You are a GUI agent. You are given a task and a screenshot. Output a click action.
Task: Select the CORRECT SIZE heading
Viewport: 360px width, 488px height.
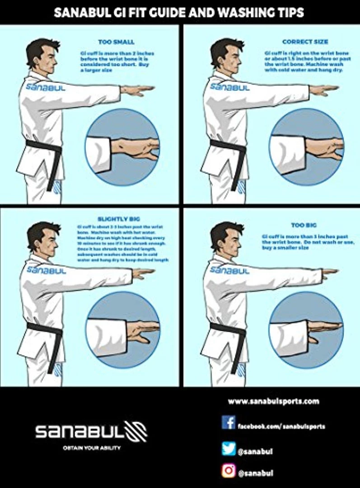point(305,42)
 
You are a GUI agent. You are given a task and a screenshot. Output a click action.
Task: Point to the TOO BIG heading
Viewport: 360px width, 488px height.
point(304,225)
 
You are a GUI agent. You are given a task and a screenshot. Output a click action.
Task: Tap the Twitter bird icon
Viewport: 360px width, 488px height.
point(229,448)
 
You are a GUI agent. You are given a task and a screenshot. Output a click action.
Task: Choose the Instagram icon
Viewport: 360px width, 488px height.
point(229,471)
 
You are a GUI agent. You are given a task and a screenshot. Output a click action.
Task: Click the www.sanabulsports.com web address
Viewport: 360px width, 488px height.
point(273,401)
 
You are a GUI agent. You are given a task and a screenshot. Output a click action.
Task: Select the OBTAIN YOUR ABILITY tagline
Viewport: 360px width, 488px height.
point(92,448)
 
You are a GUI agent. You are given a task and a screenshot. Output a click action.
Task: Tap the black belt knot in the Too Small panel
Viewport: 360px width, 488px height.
point(54,149)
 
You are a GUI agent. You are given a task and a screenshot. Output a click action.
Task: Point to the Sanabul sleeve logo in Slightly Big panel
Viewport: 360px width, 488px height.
point(46,270)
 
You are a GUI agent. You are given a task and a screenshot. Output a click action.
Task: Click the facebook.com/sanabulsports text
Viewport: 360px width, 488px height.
point(281,426)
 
